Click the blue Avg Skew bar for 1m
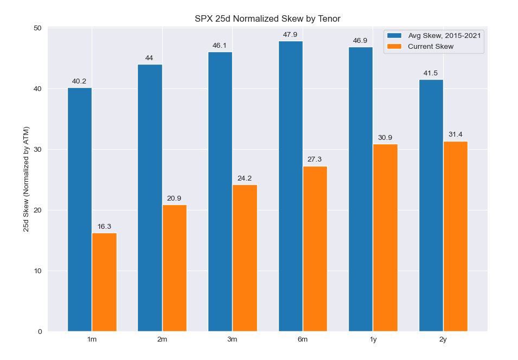tap(80, 209)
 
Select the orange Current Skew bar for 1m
tap(104, 282)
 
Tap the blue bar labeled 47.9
tap(291, 186)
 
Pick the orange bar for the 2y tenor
tap(456, 236)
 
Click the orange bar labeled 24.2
tap(245, 258)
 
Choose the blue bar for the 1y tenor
tap(361, 189)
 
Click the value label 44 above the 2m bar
tap(149, 58)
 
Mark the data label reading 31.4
tap(455, 134)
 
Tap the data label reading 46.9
tap(360, 41)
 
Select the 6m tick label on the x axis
tap(303, 339)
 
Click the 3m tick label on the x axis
tap(232, 339)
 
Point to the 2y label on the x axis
tap(443, 339)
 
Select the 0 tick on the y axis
tap(39, 332)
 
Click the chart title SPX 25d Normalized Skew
tap(267, 19)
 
